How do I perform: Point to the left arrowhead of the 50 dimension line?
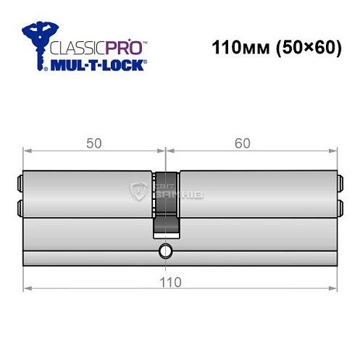click(28, 151)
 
